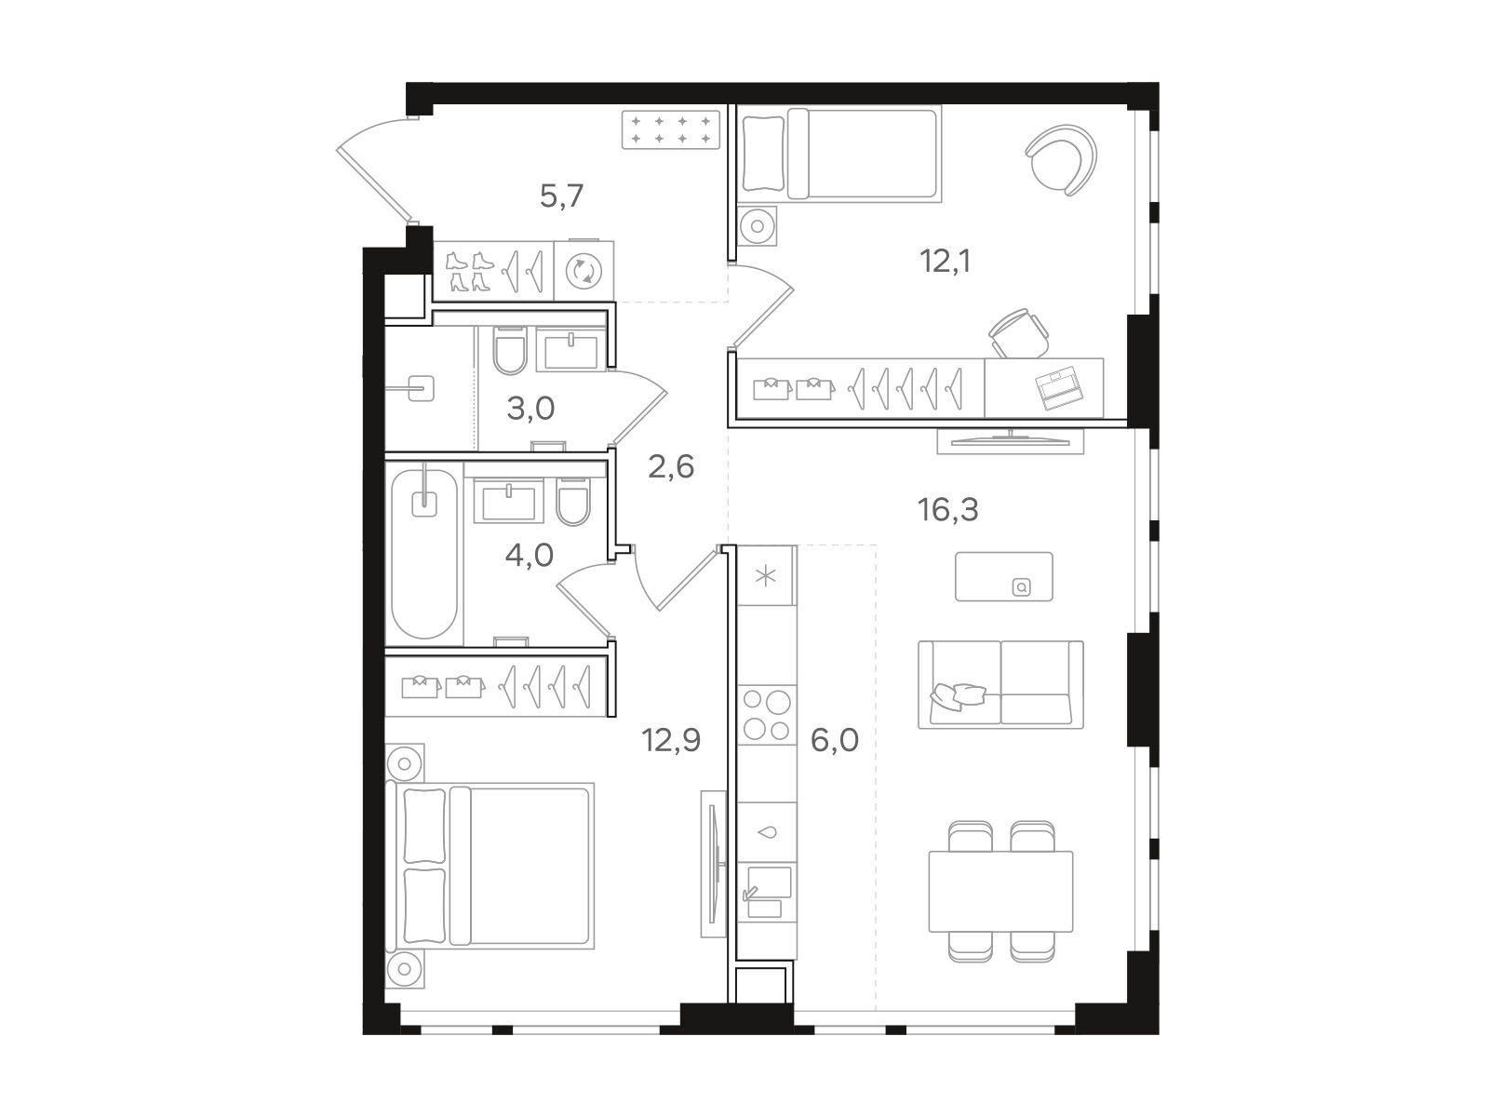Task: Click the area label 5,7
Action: coord(561,196)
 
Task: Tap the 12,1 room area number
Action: coord(946,262)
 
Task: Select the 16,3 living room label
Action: coord(947,510)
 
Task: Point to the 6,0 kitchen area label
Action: coord(835,740)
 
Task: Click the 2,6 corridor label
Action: coord(671,467)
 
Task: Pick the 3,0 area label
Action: coord(530,409)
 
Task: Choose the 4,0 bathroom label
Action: coord(530,556)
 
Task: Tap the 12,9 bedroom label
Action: coord(671,740)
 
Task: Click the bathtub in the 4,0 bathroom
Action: coord(424,554)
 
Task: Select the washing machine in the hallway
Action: coord(584,271)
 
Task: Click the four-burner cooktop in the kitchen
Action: coord(767,715)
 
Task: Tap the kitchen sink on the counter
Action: coord(767,891)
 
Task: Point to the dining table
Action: coord(1000,891)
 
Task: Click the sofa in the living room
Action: coord(1000,684)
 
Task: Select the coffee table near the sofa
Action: coord(1004,576)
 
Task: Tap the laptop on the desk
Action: coord(1060,388)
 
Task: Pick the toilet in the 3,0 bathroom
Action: coord(509,351)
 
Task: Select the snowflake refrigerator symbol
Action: coord(766,577)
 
